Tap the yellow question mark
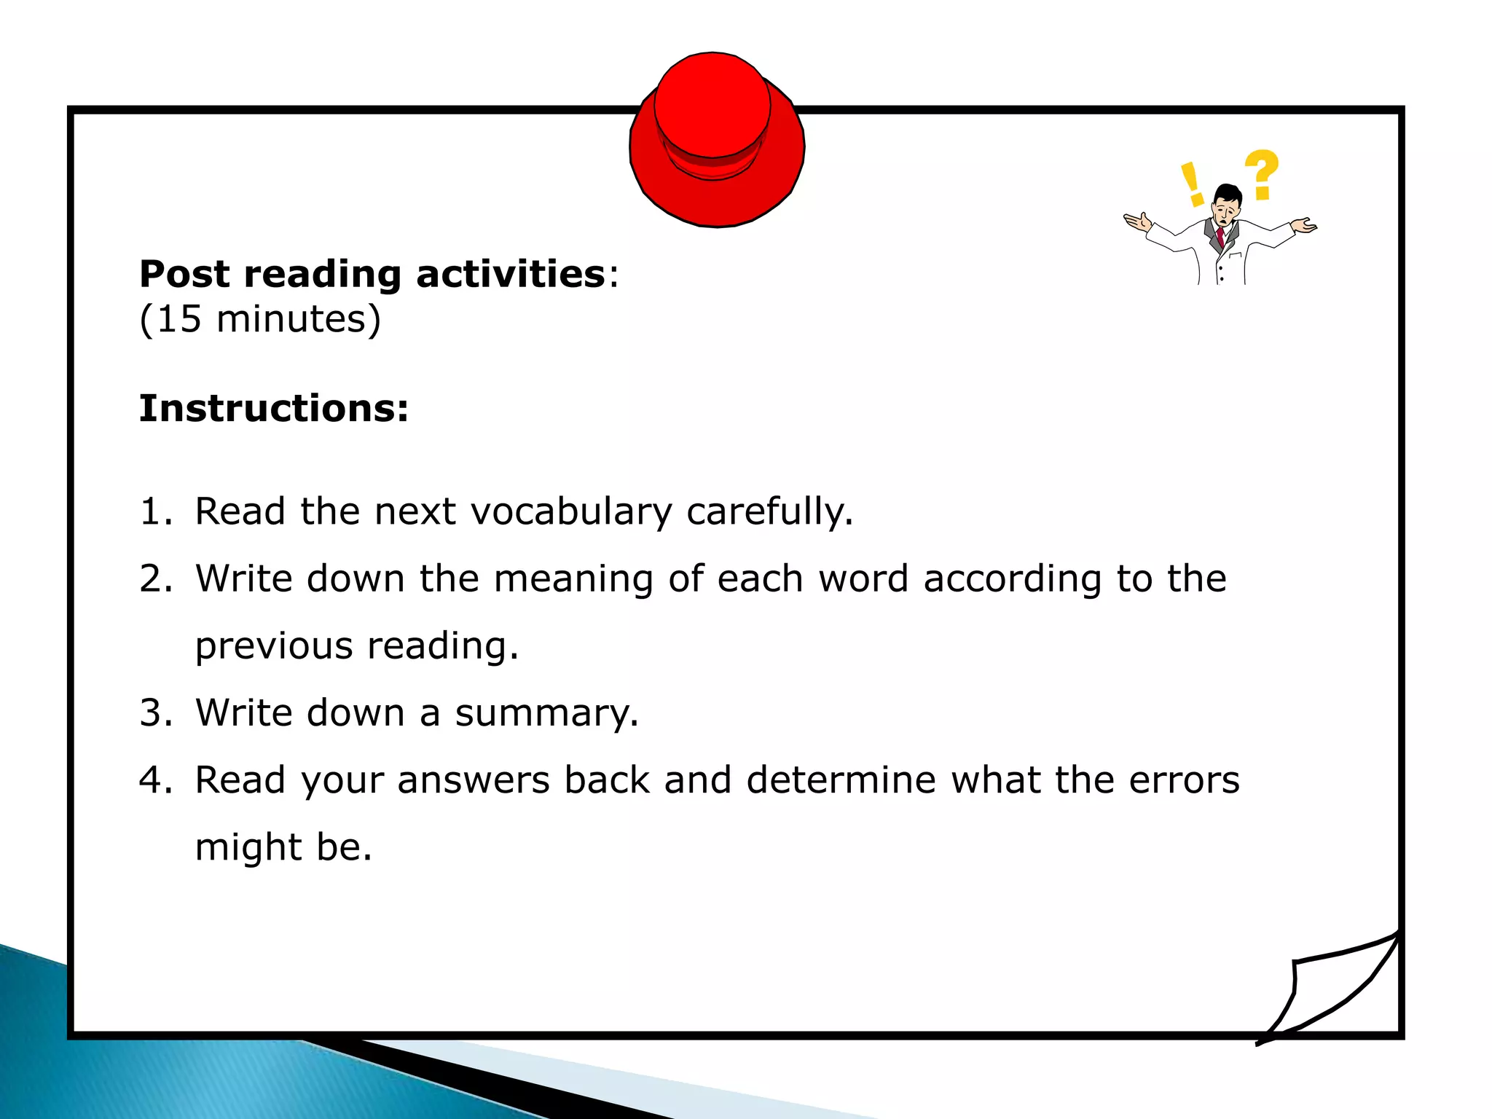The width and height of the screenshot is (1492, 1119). pos(1261,174)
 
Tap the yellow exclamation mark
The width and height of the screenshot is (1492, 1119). pos(1191,184)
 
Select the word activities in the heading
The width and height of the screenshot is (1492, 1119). pos(510,275)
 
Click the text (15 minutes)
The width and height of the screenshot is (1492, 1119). pos(260,319)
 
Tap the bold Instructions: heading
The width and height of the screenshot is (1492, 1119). pos(274,408)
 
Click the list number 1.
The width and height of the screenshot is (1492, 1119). pos(154,511)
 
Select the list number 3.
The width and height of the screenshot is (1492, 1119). pos(154,712)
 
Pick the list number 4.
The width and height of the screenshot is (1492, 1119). pos(154,780)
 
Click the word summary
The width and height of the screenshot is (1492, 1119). pos(546,714)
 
